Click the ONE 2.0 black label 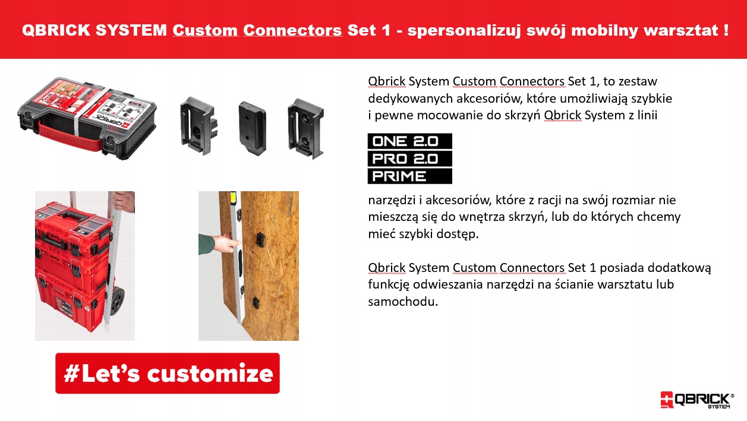click(410, 141)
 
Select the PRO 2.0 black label click(410, 159)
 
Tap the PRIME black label click(410, 176)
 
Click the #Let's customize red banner click(168, 373)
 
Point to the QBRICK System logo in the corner click(697, 400)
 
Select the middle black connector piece click(252, 128)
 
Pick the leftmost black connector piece click(198, 126)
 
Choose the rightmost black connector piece click(305, 128)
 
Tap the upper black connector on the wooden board click(260, 240)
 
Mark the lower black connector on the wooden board click(256, 302)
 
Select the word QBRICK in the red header click(56, 30)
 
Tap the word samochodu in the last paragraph click(403, 302)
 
